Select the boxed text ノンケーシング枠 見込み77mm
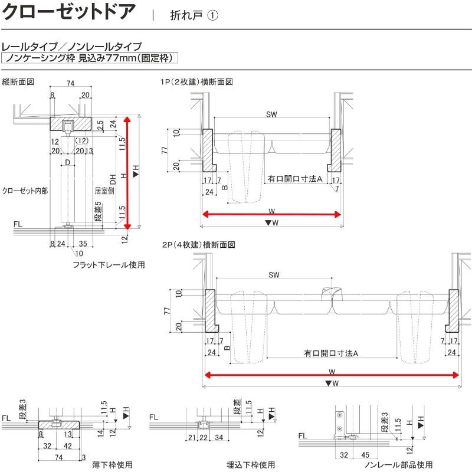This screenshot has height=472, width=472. [x=88, y=58]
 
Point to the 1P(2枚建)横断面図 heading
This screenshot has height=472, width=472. [x=196, y=81]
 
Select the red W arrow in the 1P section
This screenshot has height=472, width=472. [x=272, y=214]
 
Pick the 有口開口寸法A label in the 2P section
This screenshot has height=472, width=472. [x=332, y=353]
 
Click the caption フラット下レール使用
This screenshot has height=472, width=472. [x=109, y=265]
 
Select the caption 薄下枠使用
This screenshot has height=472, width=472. [x=112, y=464]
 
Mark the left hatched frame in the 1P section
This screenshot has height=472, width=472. [x=208, y=147]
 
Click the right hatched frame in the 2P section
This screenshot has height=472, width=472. [x=454, y=312]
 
